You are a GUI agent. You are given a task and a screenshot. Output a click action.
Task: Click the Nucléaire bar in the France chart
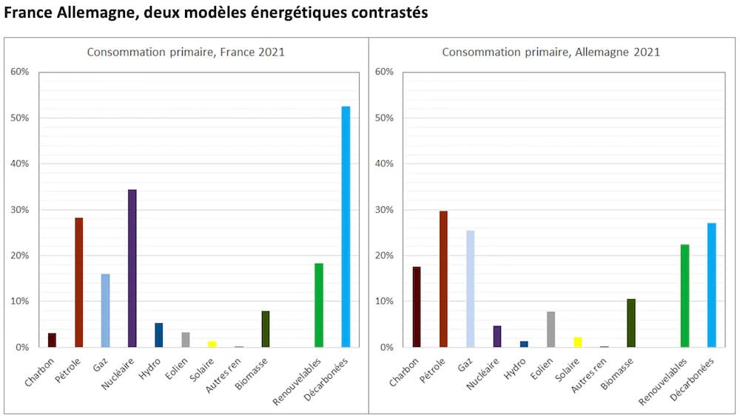coord(132,269)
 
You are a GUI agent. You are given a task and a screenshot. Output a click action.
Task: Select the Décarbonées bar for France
coord(346,227)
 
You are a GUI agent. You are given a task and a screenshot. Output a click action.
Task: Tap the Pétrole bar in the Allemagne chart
coord(443,279)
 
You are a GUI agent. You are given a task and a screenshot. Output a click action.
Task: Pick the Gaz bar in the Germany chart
coord(470,289)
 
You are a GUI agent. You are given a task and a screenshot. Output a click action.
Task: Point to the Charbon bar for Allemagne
coord(417,307)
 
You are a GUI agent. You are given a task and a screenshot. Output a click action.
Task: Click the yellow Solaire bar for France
coord(212,344)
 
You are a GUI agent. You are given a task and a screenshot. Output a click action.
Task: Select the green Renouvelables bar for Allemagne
coord(684,296)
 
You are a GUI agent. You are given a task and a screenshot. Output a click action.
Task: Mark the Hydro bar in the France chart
coord(159,335)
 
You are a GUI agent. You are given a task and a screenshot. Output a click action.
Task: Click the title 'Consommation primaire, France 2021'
coord(186,53)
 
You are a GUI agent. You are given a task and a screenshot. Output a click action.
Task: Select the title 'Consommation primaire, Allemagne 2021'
coord(551,53)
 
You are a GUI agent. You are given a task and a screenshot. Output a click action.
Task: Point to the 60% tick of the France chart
coord(20,72)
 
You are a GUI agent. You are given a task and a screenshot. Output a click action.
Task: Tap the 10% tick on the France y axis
coord(20,302)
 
